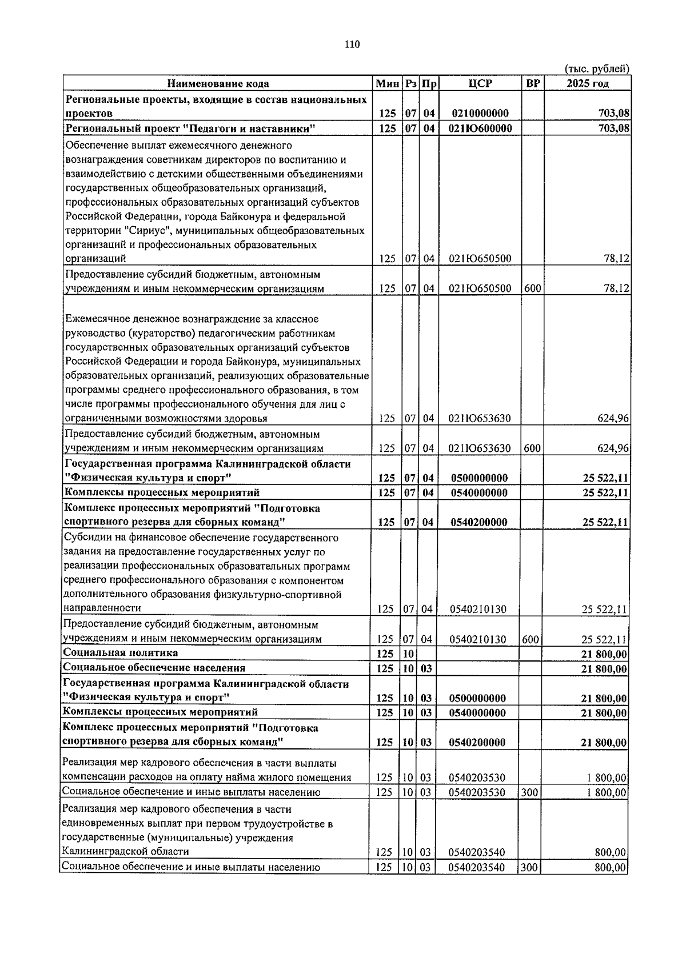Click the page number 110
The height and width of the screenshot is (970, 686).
click(x=352, y=45)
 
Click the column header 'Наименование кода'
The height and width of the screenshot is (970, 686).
click(x=218, y=84)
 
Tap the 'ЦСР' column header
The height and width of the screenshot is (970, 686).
click(x=480, y=84)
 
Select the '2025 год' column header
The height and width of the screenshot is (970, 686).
click(x=587, y=84)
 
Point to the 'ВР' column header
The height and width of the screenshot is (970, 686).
click(x=532, y=84)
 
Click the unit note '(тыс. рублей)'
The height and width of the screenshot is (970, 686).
click(x=596, y=69)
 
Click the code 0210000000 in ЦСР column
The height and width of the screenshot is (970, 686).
click(x=480, y=114)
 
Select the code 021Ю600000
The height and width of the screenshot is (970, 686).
click(x=481, y=129)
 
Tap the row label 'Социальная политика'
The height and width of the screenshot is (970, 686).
click(x=121, y=653)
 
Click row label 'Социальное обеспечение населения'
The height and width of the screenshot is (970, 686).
click(x=154, y=668)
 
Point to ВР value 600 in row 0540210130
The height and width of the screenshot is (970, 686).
click(x=531, y=639)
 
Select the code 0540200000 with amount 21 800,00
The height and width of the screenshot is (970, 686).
click(x=477, y=743)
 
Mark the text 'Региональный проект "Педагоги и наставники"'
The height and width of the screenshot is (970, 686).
click(x=190, y=129)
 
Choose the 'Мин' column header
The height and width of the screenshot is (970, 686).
click(x=386, y=84)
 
